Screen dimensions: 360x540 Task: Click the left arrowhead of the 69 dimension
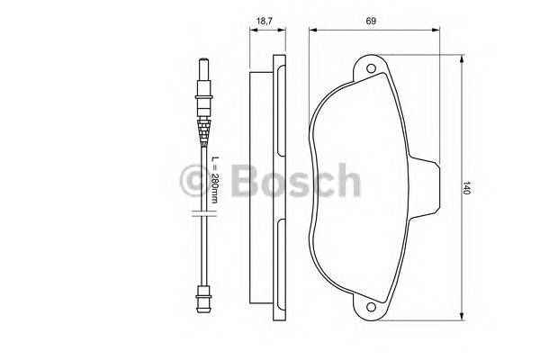pyautogui.click(x=312, y=30)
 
